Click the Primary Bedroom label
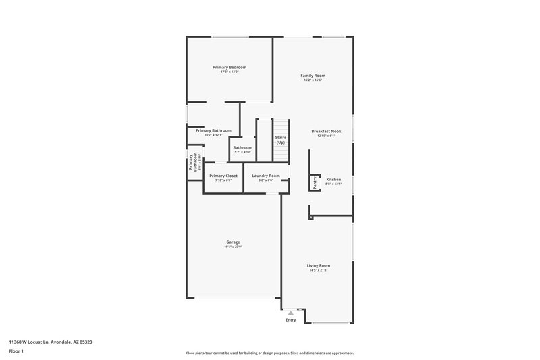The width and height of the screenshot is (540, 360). click(230, 67)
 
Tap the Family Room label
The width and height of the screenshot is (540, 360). click(313, 76)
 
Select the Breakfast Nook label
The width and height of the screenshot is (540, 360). click(326, 131)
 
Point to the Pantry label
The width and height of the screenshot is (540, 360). click(315, 182)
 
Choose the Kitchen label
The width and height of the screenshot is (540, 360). click(333, 180)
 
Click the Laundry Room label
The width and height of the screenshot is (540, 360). click(266, 176)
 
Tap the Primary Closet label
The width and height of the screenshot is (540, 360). click(223, 176)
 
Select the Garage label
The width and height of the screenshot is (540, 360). click(233, 242)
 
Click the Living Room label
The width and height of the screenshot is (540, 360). click(319, 265)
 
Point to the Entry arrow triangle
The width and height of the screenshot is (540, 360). click(291, 313)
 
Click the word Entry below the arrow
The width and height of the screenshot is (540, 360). click(291, 320)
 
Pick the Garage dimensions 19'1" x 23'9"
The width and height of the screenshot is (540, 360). click(233, 247)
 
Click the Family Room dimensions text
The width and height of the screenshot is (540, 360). click(313, 80)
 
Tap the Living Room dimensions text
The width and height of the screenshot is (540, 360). click(319, 271)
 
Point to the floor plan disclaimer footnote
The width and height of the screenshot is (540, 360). click(270, 353)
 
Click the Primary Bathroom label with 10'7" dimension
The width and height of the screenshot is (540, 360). click(213, 130)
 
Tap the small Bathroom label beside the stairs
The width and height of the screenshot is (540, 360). click(242, 147)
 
